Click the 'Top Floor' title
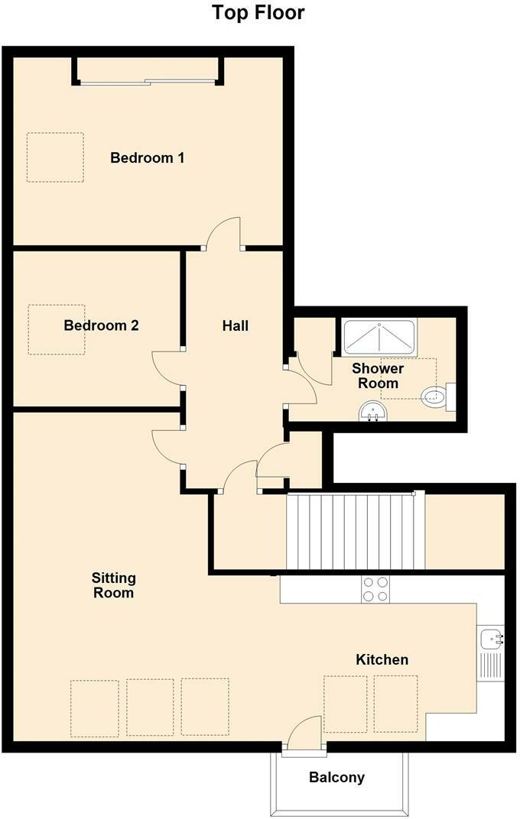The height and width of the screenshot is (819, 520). click(258, 13)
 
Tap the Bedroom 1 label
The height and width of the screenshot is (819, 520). click(148, 158)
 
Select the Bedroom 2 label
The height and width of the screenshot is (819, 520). click(101, 325)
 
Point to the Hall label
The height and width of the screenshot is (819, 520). click(236, 325)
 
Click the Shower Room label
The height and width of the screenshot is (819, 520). click(377, 376)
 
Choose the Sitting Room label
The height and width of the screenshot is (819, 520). click(113, 585)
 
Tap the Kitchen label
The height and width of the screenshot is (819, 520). click(382, 659)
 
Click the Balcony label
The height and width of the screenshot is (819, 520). click(336, 778)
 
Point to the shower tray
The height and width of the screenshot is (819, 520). click(379, 337)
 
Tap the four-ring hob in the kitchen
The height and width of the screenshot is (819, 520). click(375, 589)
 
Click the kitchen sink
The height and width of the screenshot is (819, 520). click(490, 637)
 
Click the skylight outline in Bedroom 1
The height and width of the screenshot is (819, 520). click(55, 157)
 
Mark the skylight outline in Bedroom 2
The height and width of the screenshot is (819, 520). click(57, 329)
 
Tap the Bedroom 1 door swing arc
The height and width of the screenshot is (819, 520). click(223, 231)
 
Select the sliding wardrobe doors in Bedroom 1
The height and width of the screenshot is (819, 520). click(148, 81)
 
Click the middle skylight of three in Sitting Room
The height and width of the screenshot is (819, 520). click(150, 707)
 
